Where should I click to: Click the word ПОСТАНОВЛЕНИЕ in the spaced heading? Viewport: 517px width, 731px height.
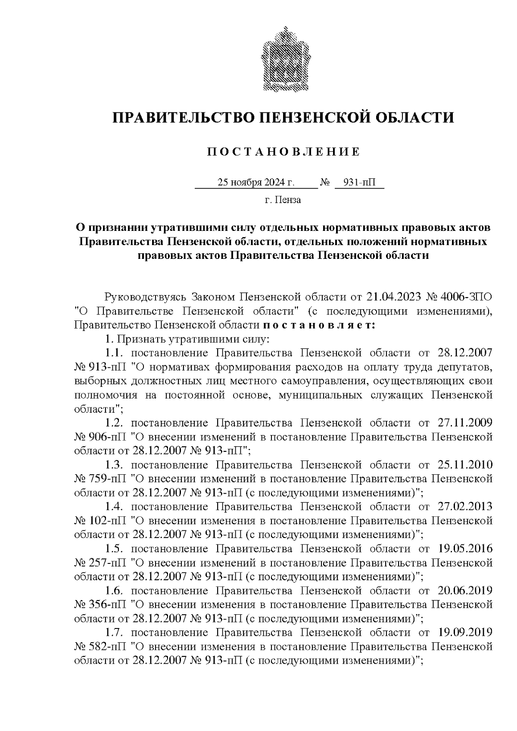(283, 152)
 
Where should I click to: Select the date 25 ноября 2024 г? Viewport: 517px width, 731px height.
(256, 183)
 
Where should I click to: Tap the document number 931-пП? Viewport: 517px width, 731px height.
(358, 183)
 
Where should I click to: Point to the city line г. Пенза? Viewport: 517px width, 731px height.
(283, 200)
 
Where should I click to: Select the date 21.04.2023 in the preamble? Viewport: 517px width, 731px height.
(394, 297)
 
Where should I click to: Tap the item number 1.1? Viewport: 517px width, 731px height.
(115, 353)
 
